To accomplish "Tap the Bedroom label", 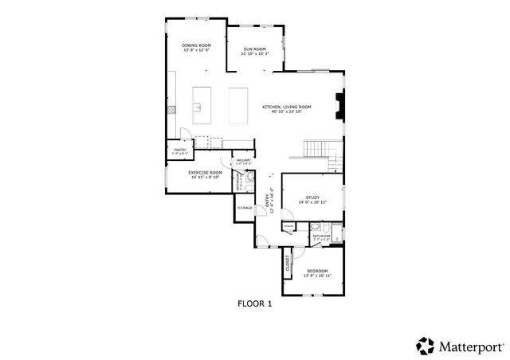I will point(318,273).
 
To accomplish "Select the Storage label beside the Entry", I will point(244,208).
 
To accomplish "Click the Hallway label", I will point(243,162).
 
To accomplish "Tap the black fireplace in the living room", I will point(339,106).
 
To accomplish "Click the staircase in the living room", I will point(320,148).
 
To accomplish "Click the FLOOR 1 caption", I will point(255,303).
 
